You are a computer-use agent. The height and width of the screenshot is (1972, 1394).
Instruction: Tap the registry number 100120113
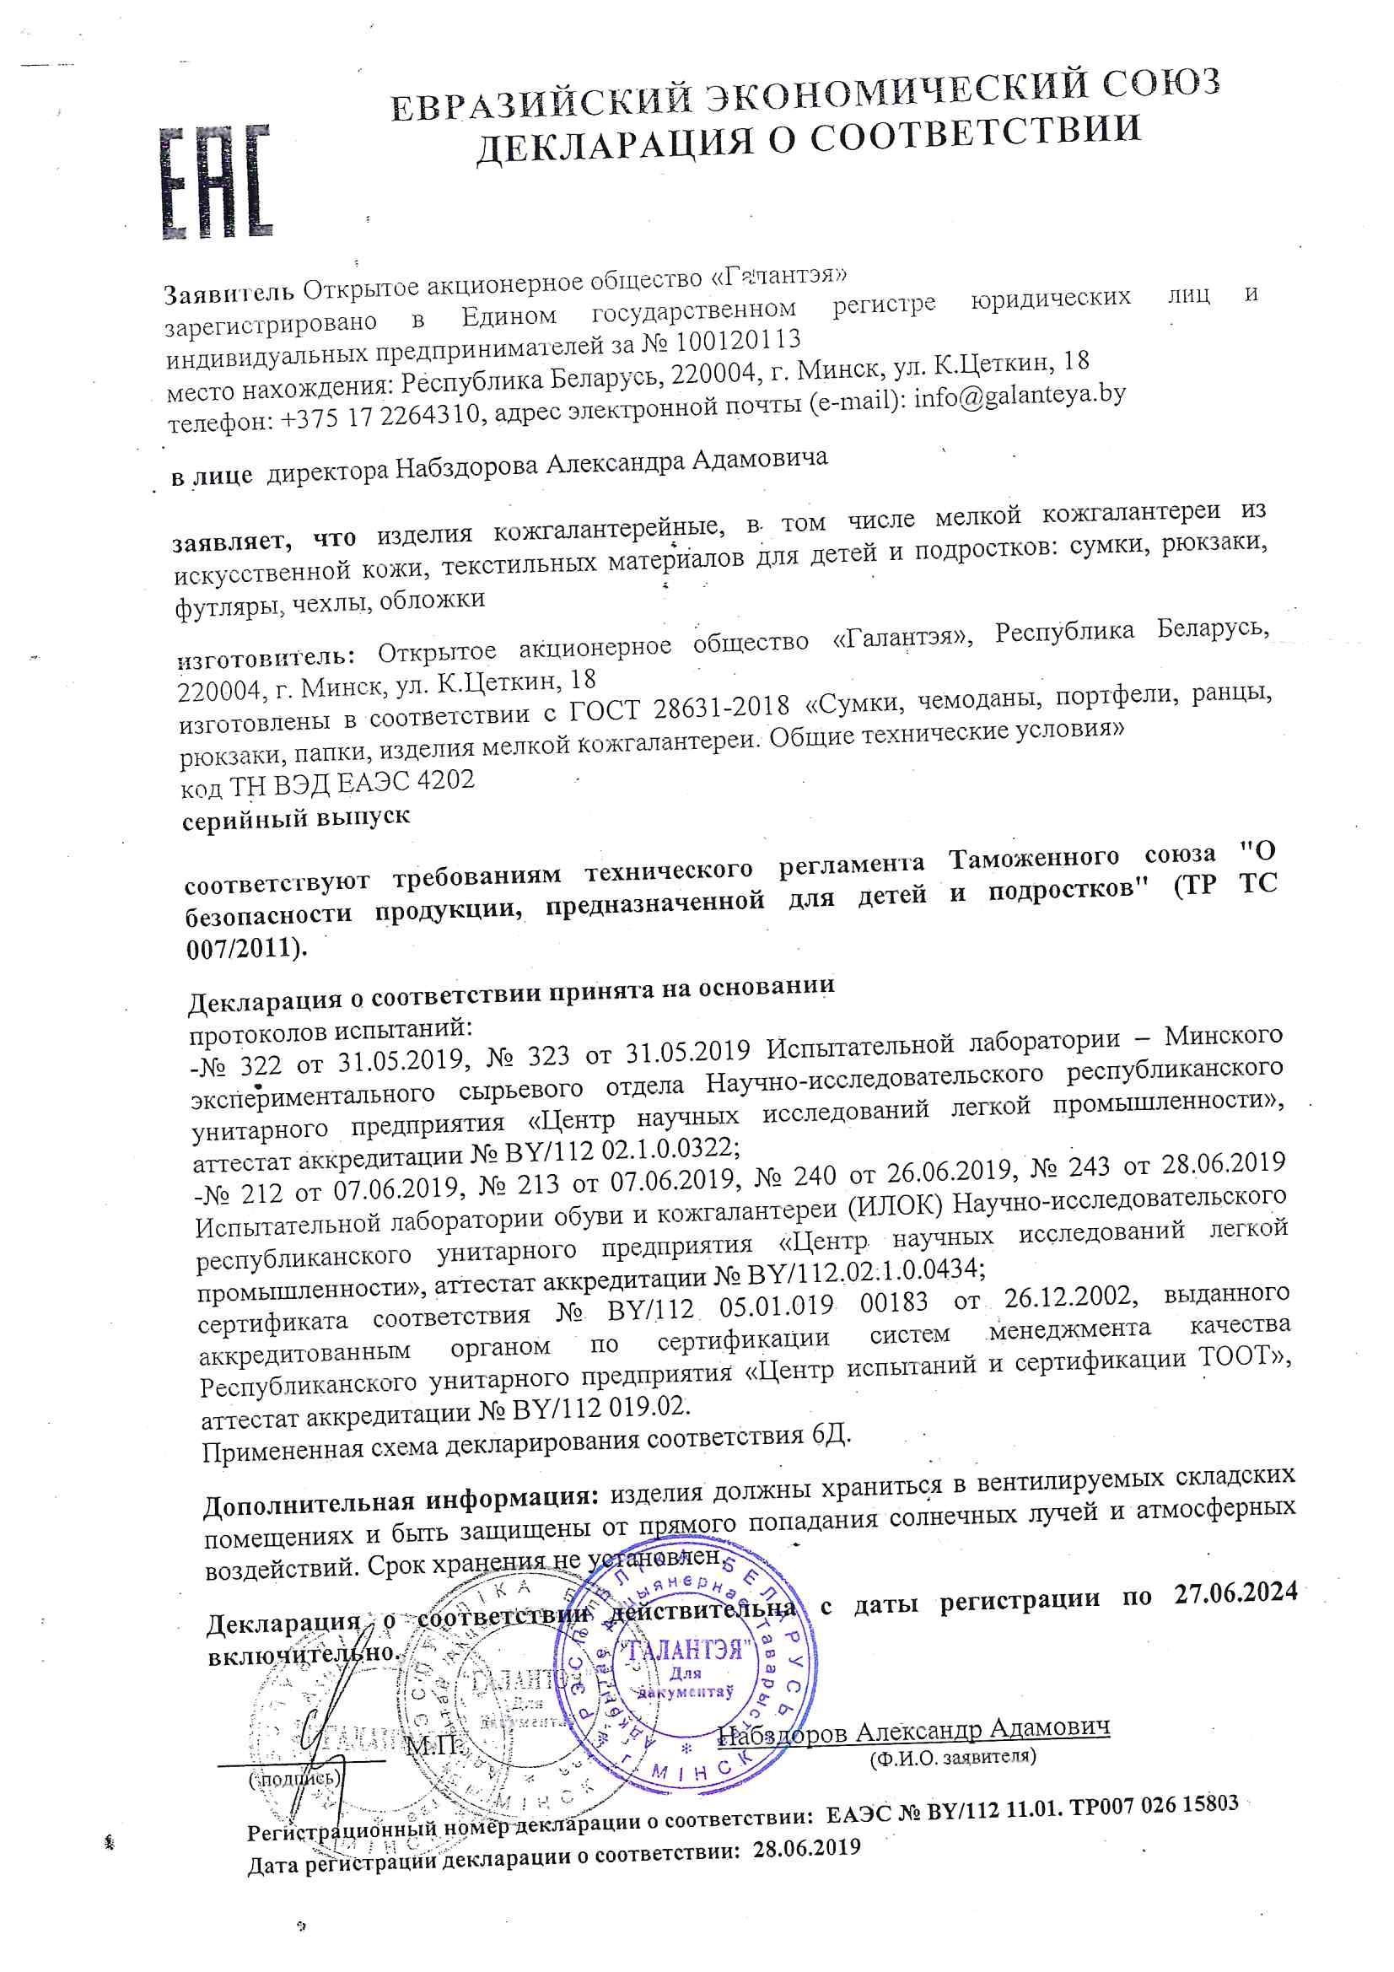point(738,342)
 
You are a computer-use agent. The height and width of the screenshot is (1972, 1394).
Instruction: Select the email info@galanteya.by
point(1020,396)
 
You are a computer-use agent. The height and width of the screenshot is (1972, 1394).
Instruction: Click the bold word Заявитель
point(229,294)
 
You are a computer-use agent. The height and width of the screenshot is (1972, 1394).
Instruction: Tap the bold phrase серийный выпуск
point(295,816)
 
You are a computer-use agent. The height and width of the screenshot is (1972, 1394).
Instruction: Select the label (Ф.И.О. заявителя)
point(952,1757)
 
